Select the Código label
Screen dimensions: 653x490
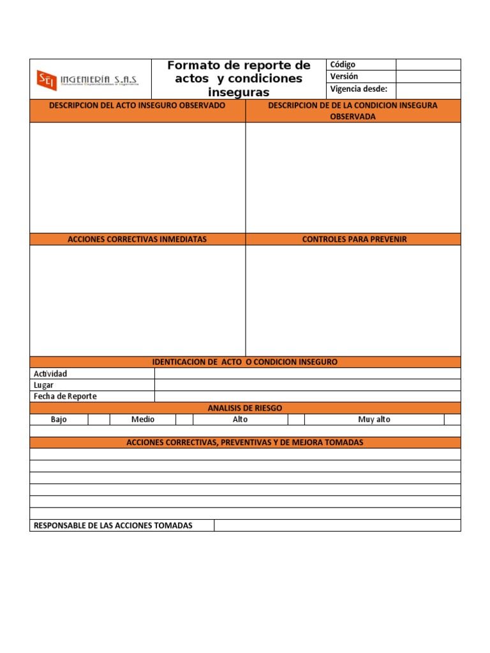(x=343, y=64)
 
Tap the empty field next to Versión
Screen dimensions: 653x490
(x=428, y=77)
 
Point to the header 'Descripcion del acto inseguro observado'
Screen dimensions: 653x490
(x=137, y=105)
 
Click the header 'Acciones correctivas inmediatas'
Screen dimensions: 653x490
(x=137, y=239)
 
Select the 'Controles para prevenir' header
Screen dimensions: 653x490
(x=354, y=239)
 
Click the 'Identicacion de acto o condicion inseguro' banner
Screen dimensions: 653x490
(x=245, y=362)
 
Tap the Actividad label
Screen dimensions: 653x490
(x=50, y=374)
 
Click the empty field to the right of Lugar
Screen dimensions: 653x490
(x=307, y=385)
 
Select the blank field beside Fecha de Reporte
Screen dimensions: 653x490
(x=307, y=397)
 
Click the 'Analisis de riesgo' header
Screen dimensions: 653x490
(x=245, y=408)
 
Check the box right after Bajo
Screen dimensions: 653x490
(x=99, y=420)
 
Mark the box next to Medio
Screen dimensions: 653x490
(x=184, y=420)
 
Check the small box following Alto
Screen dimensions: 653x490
(x=296, y=420)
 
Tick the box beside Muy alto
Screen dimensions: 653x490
(x=452, y=420)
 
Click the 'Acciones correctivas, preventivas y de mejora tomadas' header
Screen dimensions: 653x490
(x=245, y=443)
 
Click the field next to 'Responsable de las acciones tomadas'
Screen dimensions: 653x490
(x=337, y=525)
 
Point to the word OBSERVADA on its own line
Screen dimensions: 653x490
(x=353, y=117)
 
